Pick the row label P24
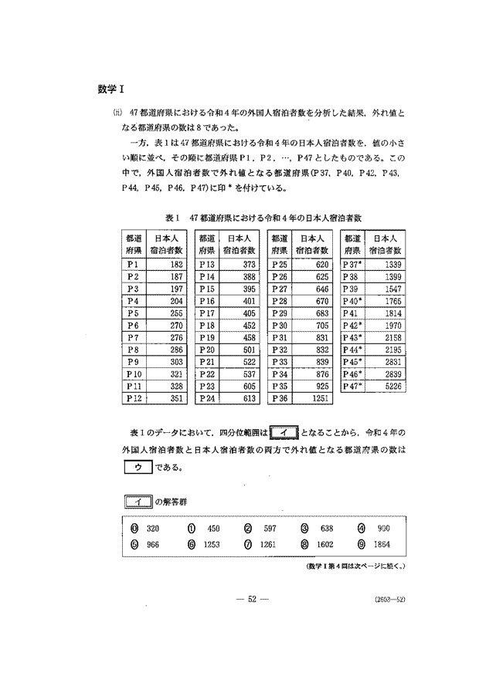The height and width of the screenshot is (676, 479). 207,397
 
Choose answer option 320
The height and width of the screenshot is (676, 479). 145,529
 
